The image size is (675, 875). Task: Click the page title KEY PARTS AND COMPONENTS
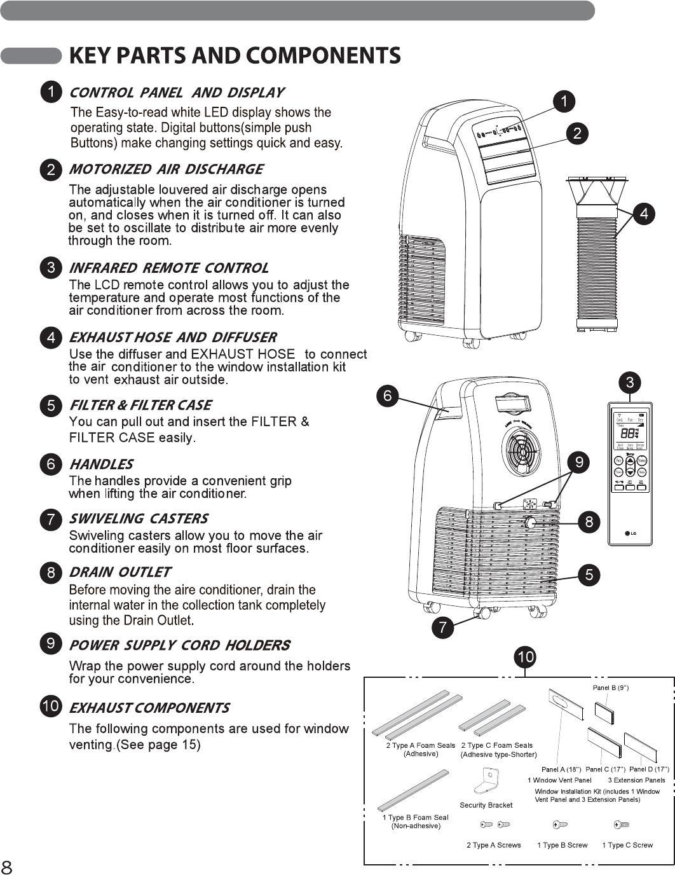click(235, 56)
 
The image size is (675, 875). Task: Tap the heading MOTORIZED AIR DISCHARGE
click(165, 169)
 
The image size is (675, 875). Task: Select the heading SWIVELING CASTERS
click(139, 518)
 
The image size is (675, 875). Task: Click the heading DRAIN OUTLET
click(119, 572)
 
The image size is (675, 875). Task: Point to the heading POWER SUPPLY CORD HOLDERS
click(179, 645)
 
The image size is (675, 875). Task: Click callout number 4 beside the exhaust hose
click(644, 214)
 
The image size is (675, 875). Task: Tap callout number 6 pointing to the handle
click(388, 396)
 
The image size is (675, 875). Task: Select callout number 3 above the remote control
click(629, 382)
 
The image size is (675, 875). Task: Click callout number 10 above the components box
click(526, 656)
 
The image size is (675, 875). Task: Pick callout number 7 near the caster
click(442, 628)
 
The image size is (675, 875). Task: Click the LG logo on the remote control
click(630, 533)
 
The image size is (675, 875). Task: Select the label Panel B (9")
click(610, 687)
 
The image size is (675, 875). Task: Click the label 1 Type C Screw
click(627, 845)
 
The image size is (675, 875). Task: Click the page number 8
click(7, 867)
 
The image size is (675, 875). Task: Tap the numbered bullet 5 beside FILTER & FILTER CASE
click(51, 405)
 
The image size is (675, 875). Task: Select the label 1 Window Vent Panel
click(559, 780)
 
